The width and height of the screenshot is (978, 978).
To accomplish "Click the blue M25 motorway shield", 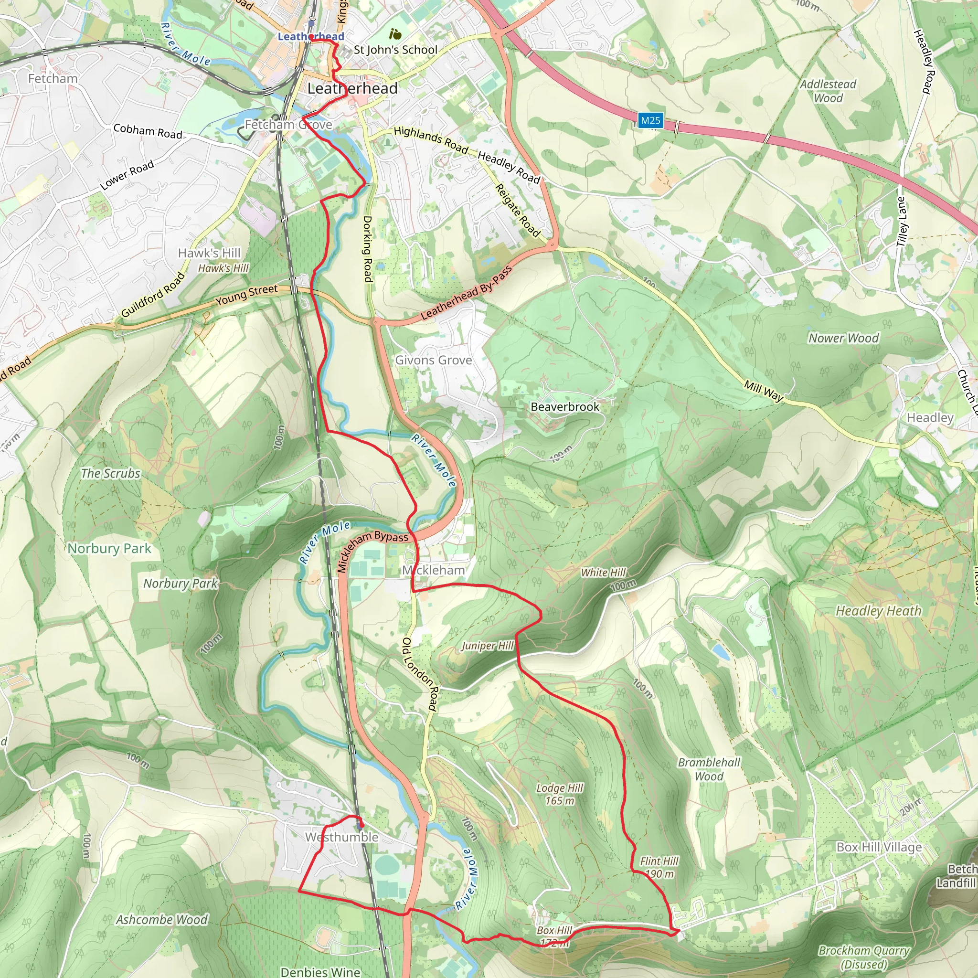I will coord(650,120).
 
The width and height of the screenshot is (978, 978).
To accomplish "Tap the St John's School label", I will coord(395,50).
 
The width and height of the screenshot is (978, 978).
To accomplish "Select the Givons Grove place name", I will coord(433,361).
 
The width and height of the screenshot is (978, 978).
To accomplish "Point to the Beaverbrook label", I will coord(565,407).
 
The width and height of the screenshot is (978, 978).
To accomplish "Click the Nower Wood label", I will coord(843,338).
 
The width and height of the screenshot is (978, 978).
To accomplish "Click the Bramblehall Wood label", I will coord(709,769).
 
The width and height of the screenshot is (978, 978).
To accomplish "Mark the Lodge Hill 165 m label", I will coord(560,794).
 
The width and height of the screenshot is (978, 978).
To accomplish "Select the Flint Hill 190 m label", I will coord(659,867).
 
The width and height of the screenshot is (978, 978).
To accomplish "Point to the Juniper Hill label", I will coord(487,646).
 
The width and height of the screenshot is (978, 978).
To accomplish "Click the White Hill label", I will coord(603,573).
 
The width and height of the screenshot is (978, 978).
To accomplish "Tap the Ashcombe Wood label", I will coord(162,920).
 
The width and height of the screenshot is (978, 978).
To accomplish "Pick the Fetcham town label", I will coord(53,78).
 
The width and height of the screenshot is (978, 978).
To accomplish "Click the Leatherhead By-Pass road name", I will coord(466,293).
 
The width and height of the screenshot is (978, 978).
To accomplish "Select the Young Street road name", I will coord(246,295).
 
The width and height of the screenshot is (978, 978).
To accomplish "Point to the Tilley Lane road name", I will coord(902,222).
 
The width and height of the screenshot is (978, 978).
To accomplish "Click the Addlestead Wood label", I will coord(828,91).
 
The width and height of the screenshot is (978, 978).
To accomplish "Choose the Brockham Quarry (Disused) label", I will coord(863,957).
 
